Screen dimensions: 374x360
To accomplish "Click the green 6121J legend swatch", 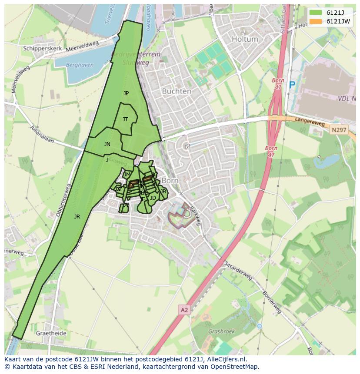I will (x=316, y=13).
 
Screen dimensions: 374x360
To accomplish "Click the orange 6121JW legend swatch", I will (x=316, y=21).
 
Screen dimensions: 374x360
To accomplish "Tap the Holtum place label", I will (x=245, y=39).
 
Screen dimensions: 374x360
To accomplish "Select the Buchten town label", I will (x=176, y=91).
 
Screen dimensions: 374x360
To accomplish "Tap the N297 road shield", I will (x=338, y=130).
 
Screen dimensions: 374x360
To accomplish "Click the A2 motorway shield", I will (x=184, y=310).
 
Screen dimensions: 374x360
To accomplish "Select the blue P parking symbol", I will (x=292, y=86).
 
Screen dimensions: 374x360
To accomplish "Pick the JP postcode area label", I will (x=126, y=93).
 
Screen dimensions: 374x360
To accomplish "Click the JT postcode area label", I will (x=125, y=119).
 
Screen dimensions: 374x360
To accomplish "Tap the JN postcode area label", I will (x=107, y=144).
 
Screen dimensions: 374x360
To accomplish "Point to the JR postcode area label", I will (x=77, y=216).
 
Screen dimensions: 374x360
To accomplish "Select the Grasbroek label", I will (x=221, y=331).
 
